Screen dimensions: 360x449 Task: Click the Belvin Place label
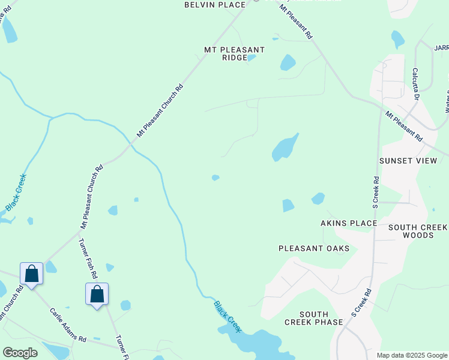(214, 5)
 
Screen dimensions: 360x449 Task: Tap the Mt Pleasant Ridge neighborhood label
(234, 53)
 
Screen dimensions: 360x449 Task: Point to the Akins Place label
(348, 223)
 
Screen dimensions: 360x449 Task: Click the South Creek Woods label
(418, 231)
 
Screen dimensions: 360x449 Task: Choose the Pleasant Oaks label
(314, 248)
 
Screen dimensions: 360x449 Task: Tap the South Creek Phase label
(314, 318)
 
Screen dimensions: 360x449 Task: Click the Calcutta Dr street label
(415, 83)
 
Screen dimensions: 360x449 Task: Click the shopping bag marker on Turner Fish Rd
(97, 295)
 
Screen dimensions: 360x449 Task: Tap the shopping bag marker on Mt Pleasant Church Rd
(31, 274)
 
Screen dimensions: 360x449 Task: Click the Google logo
(20, 353)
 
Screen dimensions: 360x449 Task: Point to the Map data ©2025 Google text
(412, 355)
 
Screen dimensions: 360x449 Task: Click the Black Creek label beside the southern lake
(228, 316)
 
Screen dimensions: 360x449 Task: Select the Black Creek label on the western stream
(16, 192)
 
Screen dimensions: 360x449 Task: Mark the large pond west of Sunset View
(285, 148)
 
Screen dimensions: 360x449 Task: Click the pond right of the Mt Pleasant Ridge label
(288, 62)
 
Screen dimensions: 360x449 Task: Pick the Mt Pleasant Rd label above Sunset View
(403, 126)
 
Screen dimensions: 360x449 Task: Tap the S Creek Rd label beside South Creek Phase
(361, 302)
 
